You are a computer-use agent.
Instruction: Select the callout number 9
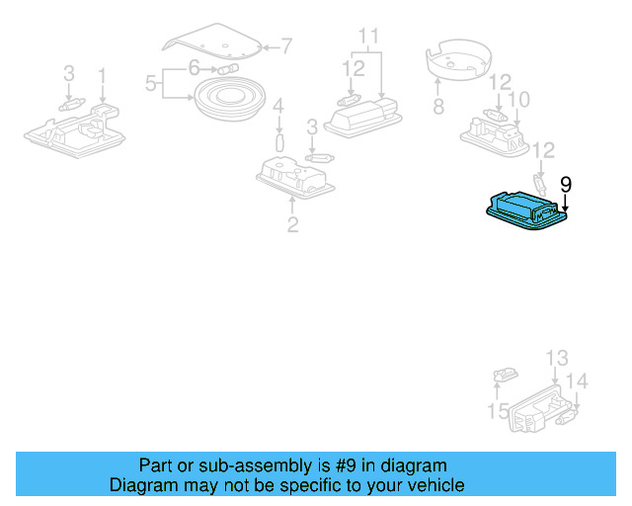pyautogui.click(x=566, y=183)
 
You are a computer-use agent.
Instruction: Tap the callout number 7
pyautogui.click(x=286, y=45)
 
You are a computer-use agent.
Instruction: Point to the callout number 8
pyautogui.click(x=437, y=106)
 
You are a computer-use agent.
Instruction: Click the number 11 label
pyautogui.click(x=368, y=39)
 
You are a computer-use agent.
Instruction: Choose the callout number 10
pyautogui.click(x=518, y=99)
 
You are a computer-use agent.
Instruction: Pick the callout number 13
pyautogui.click(x=557, y=358)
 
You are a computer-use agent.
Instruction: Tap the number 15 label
pyautogui.click(x=498, y=410)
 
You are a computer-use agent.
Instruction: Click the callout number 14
pyautogui.click(x=578, y=381)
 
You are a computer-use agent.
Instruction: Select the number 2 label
pyautogui.click(x=292, y=224)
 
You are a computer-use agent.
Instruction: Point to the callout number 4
pyautogui.click(x=278, y=106)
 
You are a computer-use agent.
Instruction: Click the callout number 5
pyautogui.click(x=151, y=84)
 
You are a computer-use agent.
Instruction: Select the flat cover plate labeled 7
pyautogui.click(x=212, y=41)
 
